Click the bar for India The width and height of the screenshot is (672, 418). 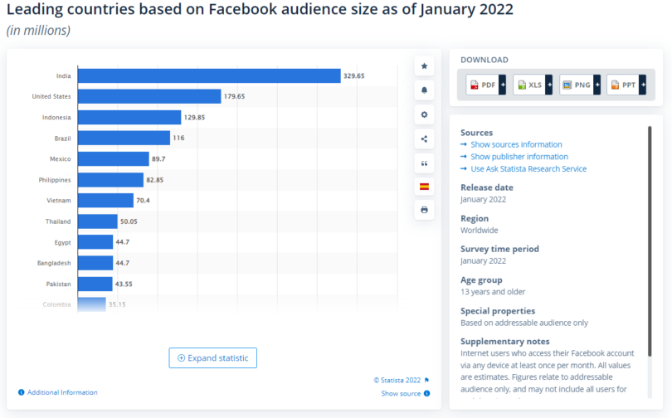[x=209, y=75]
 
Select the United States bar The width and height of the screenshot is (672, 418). [x=149, y=96]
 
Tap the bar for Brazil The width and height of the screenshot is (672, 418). [x=124, y=138]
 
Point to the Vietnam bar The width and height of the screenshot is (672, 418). [x=105, y=201]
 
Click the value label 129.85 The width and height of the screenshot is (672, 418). [x=195, y=117]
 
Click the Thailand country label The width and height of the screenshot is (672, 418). [x=58, y=221]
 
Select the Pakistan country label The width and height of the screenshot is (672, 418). [x=58, y=284]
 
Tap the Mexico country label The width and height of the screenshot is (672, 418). [x=60, y=158]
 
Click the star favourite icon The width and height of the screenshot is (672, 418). [x=425, y=66]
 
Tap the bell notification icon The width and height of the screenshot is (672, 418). [x=425, y=90]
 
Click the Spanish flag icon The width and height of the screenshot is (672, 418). [x=425, y=186]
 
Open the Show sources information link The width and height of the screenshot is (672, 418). [x=516, y=144]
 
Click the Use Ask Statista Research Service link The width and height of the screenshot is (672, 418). [x=528, y=168]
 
